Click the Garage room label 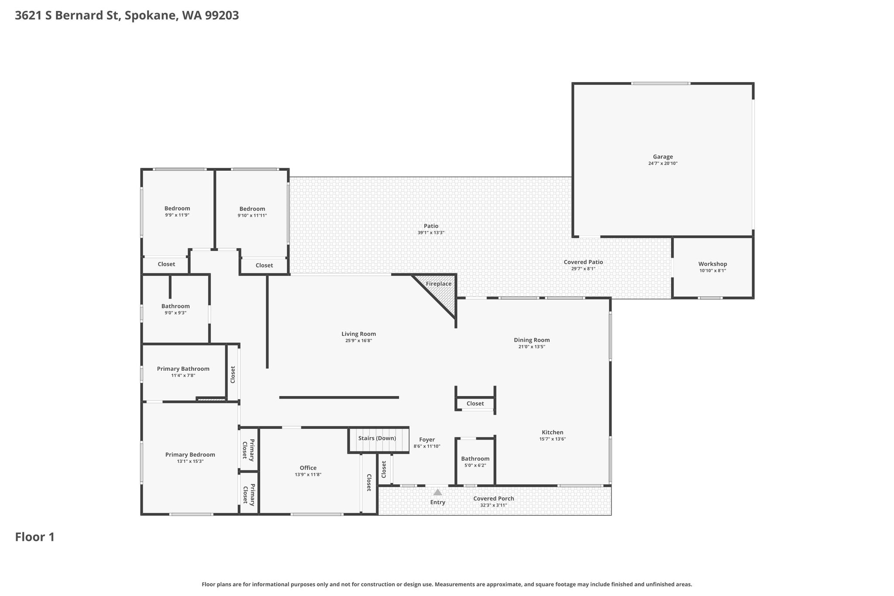[x=663, y=157]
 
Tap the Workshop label [x=712, y=264]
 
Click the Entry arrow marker [x=437, y=492]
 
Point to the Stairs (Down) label [x=377, y=438]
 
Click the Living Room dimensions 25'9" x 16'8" [x=358, y=341]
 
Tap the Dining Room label [x=532, y=340]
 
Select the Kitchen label [x=553, y=432]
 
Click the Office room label [x=308, y=468]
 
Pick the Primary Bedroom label [x=190, y=455]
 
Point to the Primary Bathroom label [x=183, y=369]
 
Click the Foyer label [x=427, y=440]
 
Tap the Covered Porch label [x=494, y=498]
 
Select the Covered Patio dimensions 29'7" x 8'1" [x=583, y=269]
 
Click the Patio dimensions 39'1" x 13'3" [x=431, y=233]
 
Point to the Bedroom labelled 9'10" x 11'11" [x=252, y=209]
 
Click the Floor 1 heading [x=35, y=537]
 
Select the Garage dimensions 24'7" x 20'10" [x=663, y=164]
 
